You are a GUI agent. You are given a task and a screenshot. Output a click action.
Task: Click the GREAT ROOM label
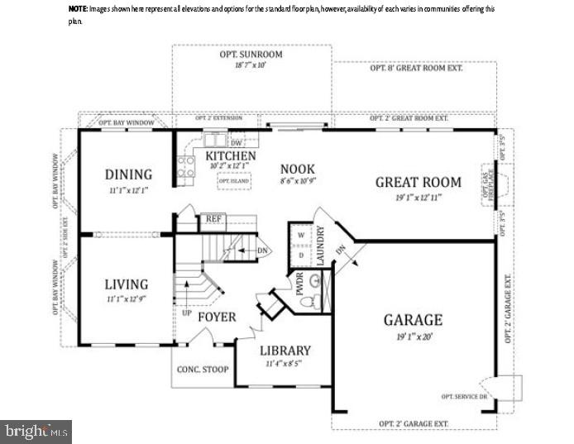click(x=417, y=183)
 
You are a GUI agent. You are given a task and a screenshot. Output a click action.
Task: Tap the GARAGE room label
click(x=413, y=320)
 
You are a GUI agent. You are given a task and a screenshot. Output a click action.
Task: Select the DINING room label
click(x=128, y=174)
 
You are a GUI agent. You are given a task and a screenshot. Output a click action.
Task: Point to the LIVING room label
click(x=127, y=284)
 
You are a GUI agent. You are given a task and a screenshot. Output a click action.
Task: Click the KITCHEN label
click(x=230, y=156)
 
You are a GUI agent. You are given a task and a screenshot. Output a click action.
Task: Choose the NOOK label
click(x=298, y=168)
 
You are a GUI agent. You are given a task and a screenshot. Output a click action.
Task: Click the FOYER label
click(x=216, y=317)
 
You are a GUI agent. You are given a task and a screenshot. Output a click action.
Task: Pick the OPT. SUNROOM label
click(x=251, y=55)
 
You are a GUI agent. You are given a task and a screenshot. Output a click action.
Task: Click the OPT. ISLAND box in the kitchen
click(x=233, y=180)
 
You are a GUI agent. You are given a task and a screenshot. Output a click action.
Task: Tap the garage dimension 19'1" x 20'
click(x=413, y=337)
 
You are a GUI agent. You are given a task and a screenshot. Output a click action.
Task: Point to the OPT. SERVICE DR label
click(x=465, y=397)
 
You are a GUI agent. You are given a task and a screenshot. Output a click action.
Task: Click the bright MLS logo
click(x=36, y=431)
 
